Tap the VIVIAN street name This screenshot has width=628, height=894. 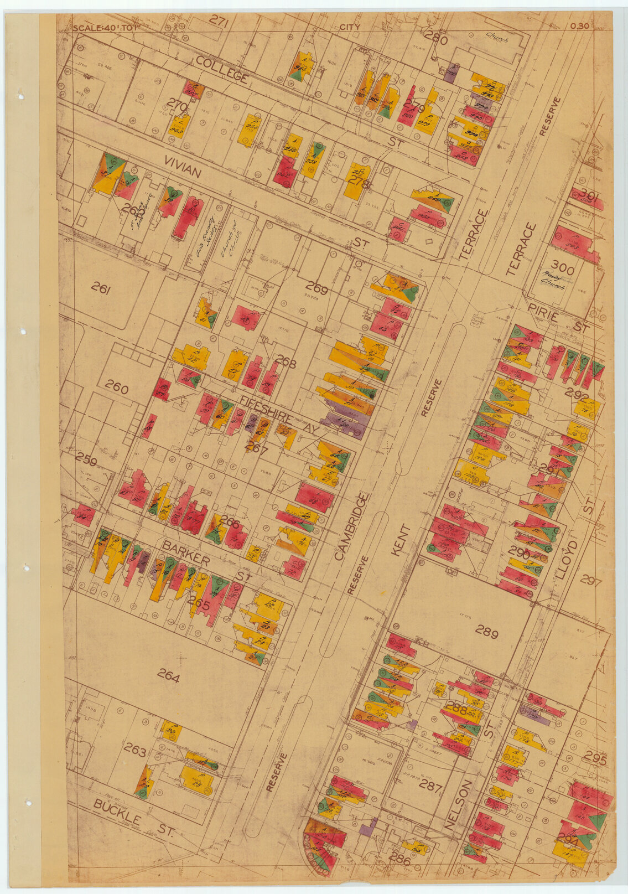182,166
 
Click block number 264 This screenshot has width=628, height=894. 168,676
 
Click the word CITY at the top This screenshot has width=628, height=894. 349,27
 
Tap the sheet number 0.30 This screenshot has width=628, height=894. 579,25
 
